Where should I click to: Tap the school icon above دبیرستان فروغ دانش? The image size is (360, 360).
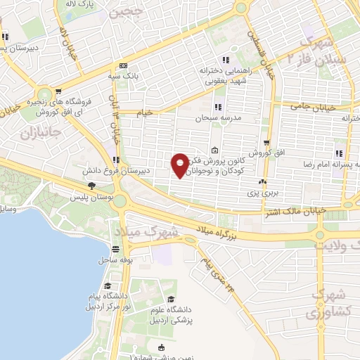pyautogui.click(x=115, y=160)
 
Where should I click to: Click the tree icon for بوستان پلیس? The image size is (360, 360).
pyautogui.click(x=91, y=186)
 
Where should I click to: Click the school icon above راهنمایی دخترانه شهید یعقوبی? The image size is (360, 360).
pyautogui.click(x=225, y=60)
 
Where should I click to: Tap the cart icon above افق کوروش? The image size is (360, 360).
pyautogui.click(x=266, y=143)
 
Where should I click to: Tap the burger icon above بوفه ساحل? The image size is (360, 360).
pyautogui.click(x=115, y=248)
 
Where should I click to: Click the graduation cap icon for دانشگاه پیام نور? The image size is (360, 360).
pyautogui.click(x=107, y=285)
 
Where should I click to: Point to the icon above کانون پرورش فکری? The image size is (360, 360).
pyautogui.click(x=214, y=150)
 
